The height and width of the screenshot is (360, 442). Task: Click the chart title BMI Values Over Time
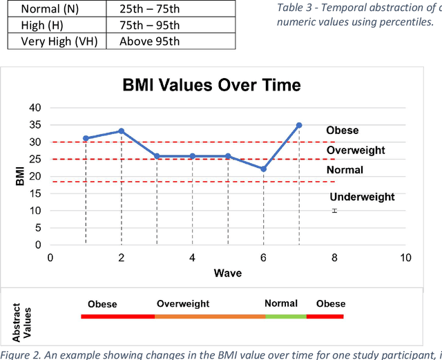[x=211, y=86]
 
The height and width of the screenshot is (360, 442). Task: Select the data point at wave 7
[x=299, y=125]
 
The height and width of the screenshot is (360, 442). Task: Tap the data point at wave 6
[x=263, y=169]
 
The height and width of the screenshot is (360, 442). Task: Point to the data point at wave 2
[x=122, y=131]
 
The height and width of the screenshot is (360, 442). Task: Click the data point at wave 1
[x=86, y=138]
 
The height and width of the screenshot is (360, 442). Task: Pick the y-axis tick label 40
[x=35, y=108]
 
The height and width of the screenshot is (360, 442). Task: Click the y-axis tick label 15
[x=35, y=193]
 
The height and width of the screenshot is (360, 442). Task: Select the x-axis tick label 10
[x=405, y=258]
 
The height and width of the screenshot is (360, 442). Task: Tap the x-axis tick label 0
[x=50, y=258]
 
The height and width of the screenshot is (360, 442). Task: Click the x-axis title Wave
[x=227, y=273]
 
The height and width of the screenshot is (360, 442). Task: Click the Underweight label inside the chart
[x=362, y=197]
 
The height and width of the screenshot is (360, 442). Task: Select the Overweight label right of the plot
[x=356, y=150]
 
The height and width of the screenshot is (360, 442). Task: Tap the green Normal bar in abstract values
[x=285, y=316]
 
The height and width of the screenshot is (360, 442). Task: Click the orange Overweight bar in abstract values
[x=209, y=316]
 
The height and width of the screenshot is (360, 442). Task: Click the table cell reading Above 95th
[x=149, y=41]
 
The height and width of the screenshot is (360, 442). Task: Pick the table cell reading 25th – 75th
[x=149, y=10]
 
